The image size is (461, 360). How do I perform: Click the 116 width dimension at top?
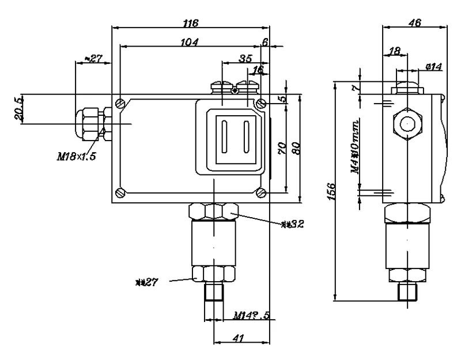pyautogui.click(x=190, y=23)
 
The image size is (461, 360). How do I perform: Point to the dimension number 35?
pyautogui.click(x=245, y=59)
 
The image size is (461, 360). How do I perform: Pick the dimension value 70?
pyautogui.click(x=282, y=148)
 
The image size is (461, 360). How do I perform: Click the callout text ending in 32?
pyautogui.click(x=292, y=224)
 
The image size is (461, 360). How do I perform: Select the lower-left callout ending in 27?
pyautogui.click(x=146, y=282)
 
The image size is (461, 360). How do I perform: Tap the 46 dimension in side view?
pyautogui.click(x=414, y=23)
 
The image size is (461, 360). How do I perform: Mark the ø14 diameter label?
pyautogui.click(x=433, y=67)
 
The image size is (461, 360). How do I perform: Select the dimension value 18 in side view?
pyautogui.click(x=395, y=52)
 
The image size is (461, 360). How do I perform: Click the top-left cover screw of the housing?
pyautogui.click(x=119, y=104)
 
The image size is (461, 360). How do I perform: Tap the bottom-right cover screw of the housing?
pyautogui.click(x=261, y=192)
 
